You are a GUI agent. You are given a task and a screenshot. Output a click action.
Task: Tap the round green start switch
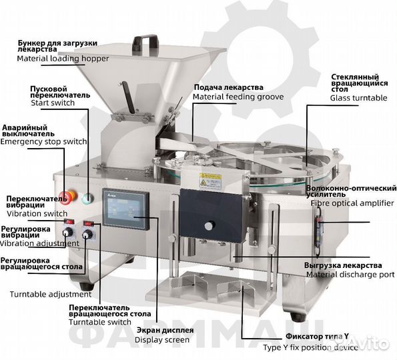[87, 199]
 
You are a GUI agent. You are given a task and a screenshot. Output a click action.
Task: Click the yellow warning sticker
[210, 180]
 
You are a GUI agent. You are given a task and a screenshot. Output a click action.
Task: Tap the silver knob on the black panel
[210, 225]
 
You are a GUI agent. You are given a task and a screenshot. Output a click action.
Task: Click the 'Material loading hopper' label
[63, 59]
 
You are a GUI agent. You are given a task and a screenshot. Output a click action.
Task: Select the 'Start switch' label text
[53, 103]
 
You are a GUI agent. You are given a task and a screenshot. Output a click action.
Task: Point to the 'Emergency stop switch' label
[43, 141]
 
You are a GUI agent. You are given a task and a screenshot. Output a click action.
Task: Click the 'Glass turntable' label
[358, 98]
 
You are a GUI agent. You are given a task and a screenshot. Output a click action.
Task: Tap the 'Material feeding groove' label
[238, 97]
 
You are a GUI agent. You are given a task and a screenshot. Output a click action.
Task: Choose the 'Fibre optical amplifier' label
[352, 203]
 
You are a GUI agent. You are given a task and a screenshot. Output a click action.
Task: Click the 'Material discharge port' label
[350, 275]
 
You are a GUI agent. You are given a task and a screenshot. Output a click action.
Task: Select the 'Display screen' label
[162, 340]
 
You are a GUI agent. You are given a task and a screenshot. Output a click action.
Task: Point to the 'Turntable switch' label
[100, 322]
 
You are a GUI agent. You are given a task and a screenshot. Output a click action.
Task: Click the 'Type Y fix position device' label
[310, 347]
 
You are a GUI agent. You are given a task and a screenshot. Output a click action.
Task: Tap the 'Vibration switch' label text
[37, 213]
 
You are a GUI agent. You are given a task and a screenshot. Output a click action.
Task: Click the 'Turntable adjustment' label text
[51, 294]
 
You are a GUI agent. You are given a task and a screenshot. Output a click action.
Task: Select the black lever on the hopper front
[128, 97]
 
